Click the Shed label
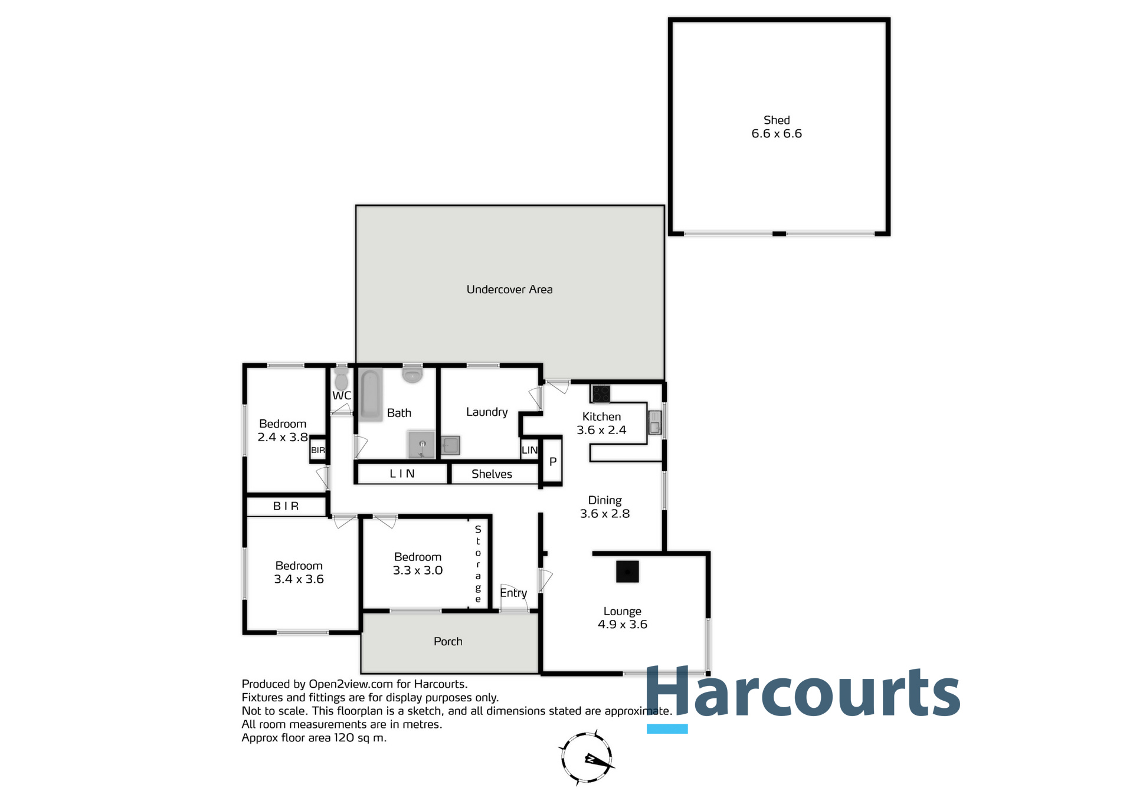[x=776, y=120]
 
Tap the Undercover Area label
[x=509, y=290]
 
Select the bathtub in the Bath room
[x=371, y=394]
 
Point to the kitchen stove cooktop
[x=601, y=393]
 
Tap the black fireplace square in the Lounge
[x=627, y=572]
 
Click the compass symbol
[x=587, y=759]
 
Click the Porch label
[x=448, y=642]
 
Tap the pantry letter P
[x=553, y=462]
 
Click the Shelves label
[x=492, y=474]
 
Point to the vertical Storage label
[x=478, y=564]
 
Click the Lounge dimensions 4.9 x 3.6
[x=622, y=625]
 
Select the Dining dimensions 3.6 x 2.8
[x=604, y=514]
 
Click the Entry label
[x=513, y=593]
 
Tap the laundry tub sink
[x=450, y=445]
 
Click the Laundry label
[x=487, y=412]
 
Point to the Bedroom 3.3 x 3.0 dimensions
[x=418, y=570]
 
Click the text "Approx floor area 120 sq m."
[x=314, y=738]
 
